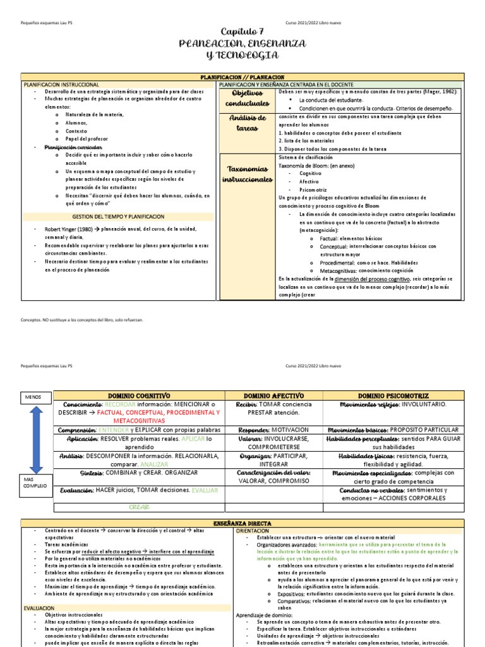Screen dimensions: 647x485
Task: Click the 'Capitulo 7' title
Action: pyautogui.click(x=242, y=32)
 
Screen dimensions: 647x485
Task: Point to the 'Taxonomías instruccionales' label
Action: pyautogui.click(x=248, y=174)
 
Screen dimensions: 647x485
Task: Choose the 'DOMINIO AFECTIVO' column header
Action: pyautogui.click(x=273, y=395)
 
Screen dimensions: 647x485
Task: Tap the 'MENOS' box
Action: pyautogui.click(x=33, y=397)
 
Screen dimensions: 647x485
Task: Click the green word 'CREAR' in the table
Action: pyautogui.click(x=139, y=507)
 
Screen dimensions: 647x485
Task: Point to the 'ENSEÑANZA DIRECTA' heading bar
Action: pyautogui.click(x=242, y=523)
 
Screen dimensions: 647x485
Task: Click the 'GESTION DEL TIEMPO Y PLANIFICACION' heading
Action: pyautogui.click(x=118, y=216)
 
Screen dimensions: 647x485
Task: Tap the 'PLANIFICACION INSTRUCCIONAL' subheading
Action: pyautogui.click(x=61, y=84)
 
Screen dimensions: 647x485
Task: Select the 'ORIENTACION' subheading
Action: pyautogui.click(x=253, y=531)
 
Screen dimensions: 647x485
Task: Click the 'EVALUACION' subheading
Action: pyautogui.click(x=40, y=607)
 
